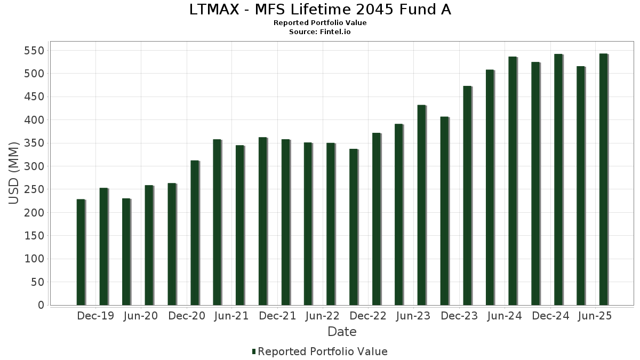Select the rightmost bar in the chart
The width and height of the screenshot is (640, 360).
click(603, 179)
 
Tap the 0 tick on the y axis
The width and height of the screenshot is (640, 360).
click(40, 305)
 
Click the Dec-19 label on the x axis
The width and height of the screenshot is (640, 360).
click(95, 316)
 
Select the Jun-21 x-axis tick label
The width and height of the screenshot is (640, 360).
click(231, 316)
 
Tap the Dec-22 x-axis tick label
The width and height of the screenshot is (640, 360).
click(368, 316)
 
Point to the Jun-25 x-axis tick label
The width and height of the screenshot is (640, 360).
click(595, 316)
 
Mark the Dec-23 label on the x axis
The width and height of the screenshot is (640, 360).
click(459, 316)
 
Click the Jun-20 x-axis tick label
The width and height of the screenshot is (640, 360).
click(140, 316)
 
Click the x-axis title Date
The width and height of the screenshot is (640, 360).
click(342, 332)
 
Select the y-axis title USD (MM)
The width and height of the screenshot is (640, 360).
click(14, 173)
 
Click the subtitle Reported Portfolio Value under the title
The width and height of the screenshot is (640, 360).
click(320, 23)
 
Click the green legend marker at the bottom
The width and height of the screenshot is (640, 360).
click(254, 351)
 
